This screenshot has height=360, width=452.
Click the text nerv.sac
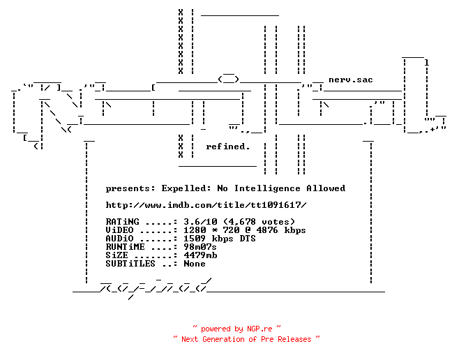pos(351,80)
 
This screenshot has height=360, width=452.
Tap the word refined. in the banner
pos(227,147)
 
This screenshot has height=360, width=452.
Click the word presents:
pos(130,189)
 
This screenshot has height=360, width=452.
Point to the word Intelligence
pos(267,188)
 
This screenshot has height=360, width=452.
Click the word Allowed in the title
pos(326,188)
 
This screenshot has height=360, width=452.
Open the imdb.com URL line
pos(206,205)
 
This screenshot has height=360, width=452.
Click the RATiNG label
pos(122,222)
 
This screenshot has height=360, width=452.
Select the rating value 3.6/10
pos(200,222)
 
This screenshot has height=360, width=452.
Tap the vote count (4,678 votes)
pos(259,222)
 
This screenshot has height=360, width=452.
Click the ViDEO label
pos(119,230)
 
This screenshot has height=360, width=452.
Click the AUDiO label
pos(119,239)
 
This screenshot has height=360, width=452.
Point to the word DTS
pos(248,239)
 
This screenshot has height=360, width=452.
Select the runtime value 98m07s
pos(200,247)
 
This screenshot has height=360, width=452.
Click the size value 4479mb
pos(200,255)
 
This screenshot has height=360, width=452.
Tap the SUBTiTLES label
pos(130,264)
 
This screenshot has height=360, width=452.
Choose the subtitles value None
pos(195,264)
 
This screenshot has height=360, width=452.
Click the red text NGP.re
pos(259,329)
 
